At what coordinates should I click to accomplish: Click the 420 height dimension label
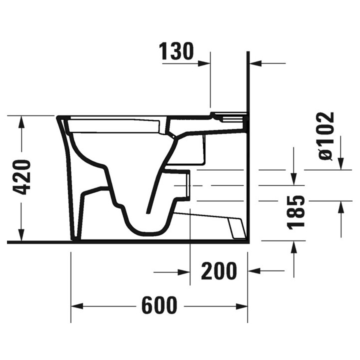click(23, 177)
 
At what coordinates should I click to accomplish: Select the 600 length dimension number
click(159, 305)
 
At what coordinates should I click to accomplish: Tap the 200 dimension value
click(218, 271)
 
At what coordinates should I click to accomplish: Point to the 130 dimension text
click(176, 51)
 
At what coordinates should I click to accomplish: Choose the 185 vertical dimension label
click(298, 212)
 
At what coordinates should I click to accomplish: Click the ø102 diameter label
click(325, 136)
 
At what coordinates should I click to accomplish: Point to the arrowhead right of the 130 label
click(204, 63)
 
